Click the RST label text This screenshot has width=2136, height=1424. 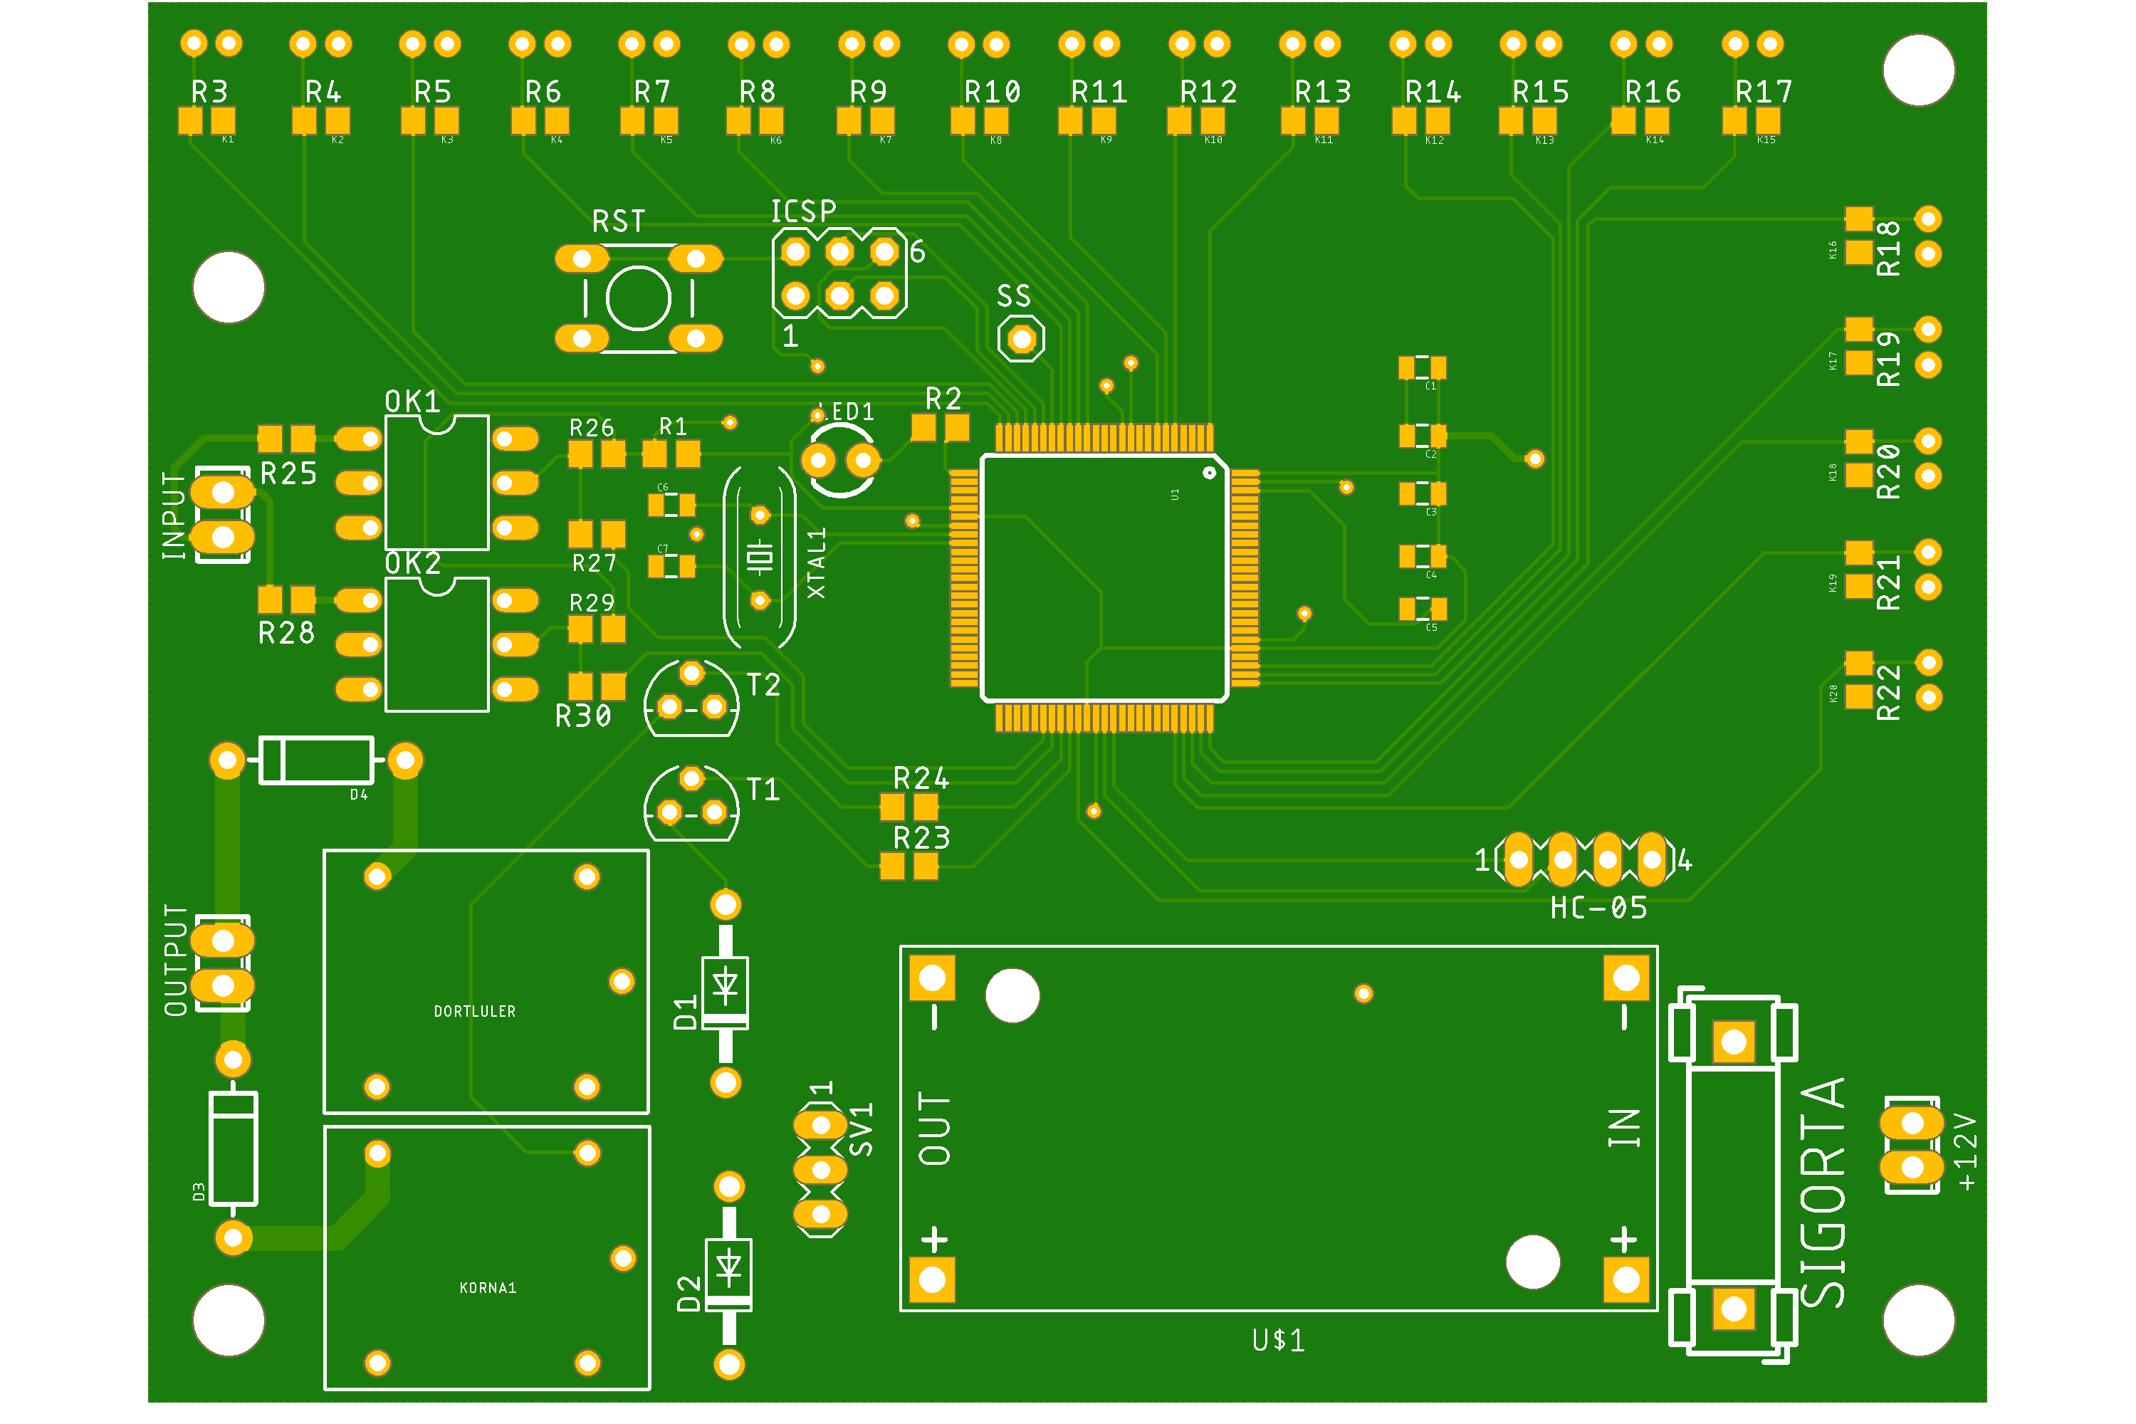619,221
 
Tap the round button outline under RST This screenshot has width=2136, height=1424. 639,298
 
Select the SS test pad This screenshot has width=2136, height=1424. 1022,339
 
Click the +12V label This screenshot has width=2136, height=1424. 1965,1151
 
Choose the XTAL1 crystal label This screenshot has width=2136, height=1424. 817,563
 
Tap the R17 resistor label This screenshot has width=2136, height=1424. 1764,92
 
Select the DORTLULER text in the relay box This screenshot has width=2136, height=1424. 474,1012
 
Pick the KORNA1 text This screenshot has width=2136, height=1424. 488,1288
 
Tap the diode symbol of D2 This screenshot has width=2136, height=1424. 728,1266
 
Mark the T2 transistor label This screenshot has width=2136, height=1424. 763,685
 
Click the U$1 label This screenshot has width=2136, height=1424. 1278,1341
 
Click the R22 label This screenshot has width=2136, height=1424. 1888,692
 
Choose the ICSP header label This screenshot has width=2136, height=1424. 803,211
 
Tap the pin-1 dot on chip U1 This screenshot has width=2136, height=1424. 1209,472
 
